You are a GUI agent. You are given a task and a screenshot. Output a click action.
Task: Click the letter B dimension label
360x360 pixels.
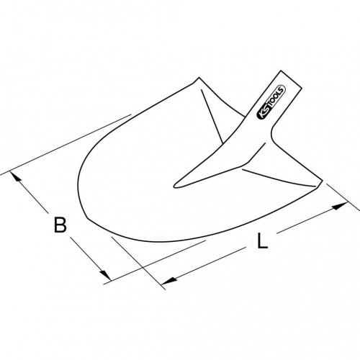pos(60,225)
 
